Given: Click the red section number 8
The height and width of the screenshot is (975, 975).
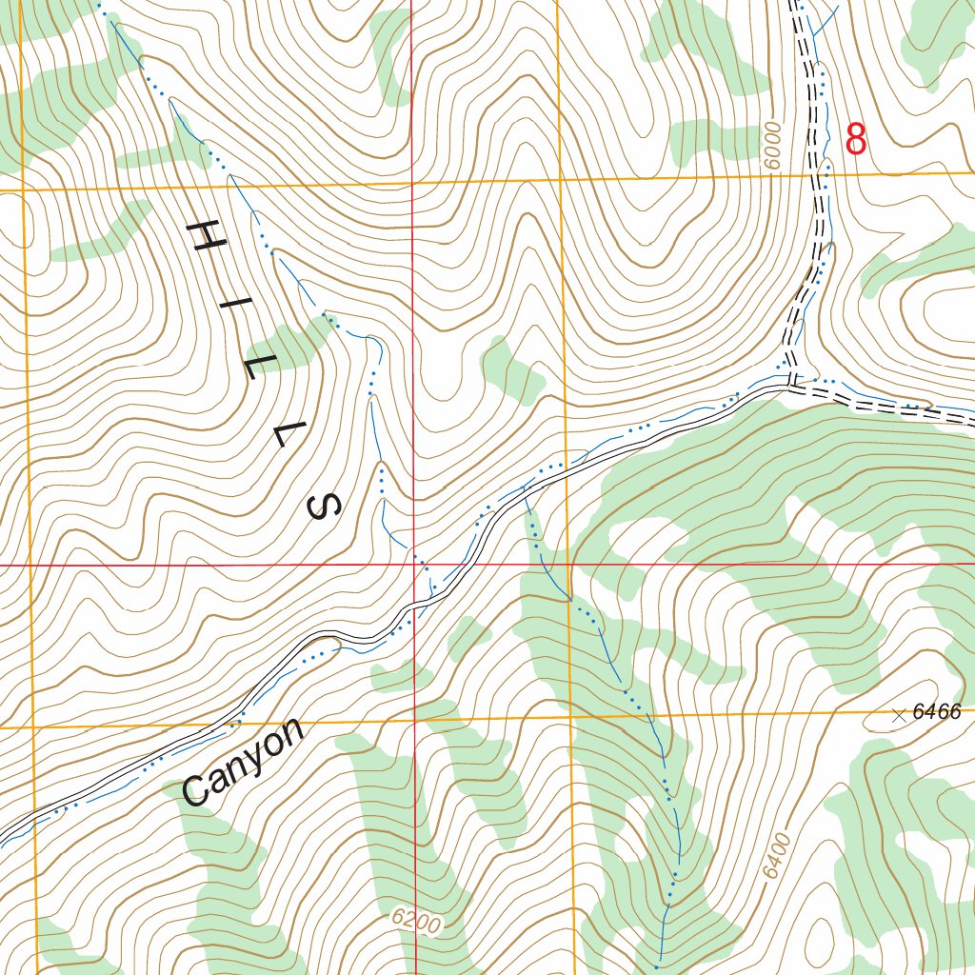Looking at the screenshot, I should tap(856, 139).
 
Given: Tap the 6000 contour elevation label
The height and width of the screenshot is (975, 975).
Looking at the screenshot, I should tap(772, 145).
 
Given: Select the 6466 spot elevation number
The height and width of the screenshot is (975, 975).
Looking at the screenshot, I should tap(937, 711).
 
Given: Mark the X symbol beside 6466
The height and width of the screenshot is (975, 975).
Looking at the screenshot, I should tap(899, 715).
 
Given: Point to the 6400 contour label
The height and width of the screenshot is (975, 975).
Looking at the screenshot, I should tap(777, 854).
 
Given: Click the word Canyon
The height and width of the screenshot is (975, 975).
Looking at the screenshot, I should tap(243, 762).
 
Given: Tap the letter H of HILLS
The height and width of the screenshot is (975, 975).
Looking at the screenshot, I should tap(206, 235).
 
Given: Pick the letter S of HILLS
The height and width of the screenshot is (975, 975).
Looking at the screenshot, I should tap(325, 506).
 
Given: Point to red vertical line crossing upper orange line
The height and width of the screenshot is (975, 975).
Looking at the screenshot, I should tap(412, 180).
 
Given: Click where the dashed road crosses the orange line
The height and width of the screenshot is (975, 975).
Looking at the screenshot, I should tap(818, 175).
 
